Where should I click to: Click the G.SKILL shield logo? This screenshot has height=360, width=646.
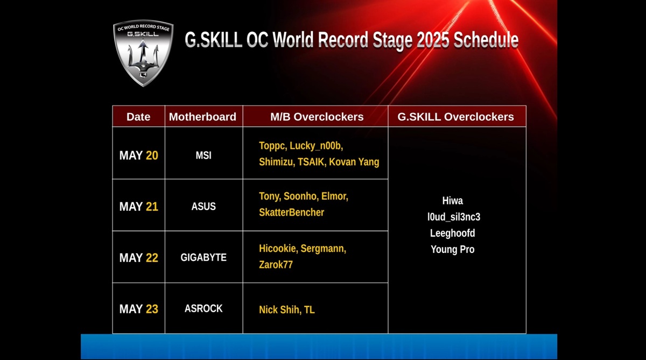pos(143,53)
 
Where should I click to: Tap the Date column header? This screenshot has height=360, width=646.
pos(138,117)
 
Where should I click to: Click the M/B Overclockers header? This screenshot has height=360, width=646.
pos(317,117)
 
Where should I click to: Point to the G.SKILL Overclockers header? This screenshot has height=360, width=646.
pos(455,117)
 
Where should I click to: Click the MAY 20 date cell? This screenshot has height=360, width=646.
pos(139,156)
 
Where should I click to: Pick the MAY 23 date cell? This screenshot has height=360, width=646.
pos(139,309)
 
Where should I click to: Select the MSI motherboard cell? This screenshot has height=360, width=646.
pos(203,156)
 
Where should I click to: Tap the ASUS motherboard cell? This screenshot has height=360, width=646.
pos(203,207)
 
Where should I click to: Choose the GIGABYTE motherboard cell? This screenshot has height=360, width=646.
pos(203,257)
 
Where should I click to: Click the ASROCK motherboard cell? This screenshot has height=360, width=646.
pos(203,308)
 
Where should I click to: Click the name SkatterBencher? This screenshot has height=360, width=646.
pos(292,213)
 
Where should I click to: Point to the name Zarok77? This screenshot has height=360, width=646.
pos(276,265)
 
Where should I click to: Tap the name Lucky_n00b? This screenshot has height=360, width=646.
pos(315,146)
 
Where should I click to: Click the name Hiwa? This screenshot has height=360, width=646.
pos(453,201)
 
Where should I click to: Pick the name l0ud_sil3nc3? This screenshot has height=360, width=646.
pos(454,217)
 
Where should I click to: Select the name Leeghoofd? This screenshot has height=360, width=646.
pos(453,233)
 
